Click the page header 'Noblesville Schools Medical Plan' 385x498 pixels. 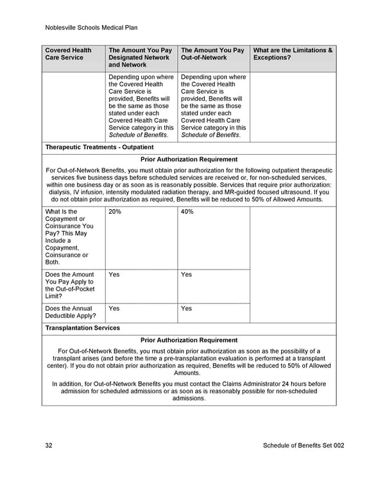92,28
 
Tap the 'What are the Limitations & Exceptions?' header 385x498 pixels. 293,54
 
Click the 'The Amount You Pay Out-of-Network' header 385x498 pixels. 212,54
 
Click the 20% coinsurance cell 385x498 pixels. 116,212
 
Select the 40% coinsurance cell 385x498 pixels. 187,212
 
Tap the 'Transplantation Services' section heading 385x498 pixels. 83,328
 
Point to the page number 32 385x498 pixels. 49,446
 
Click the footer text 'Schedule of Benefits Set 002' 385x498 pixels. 304,446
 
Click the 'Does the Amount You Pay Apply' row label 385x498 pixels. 69,285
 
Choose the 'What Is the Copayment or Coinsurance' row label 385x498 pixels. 69,237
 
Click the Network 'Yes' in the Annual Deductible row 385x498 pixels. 114,308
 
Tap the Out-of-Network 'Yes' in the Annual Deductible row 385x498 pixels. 187,308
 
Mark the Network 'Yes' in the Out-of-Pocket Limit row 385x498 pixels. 114,275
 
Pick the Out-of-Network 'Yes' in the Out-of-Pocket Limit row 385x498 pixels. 187,275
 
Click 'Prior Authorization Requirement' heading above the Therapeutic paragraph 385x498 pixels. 189,159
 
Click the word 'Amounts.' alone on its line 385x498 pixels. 189,373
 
